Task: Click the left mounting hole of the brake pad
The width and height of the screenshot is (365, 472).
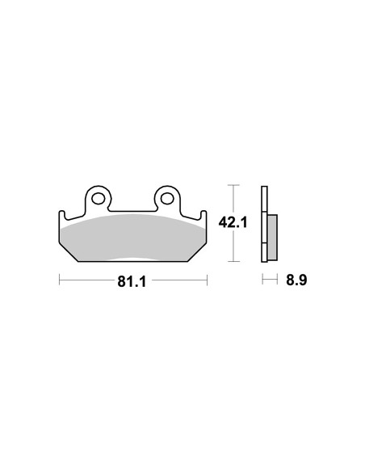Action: click(99, 197)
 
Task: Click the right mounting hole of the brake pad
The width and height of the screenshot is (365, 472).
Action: click(168, 197)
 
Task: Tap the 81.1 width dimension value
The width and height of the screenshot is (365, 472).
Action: click(132, 281)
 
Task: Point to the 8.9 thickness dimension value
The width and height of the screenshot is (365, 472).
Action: click(296, 281)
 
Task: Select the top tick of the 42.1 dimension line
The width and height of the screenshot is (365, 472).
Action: click(233, 185)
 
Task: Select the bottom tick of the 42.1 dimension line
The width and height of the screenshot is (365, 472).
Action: click(233, 263)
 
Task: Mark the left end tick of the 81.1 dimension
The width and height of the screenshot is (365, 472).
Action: click(59, 281)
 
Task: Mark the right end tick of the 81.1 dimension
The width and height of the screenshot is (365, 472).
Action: click(208, 281)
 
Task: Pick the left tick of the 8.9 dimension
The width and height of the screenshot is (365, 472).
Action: click(262, 281)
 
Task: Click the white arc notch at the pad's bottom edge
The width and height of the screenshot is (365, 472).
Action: click(133, 260)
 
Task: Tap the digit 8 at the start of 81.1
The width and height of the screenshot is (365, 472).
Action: click(120, 281)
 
